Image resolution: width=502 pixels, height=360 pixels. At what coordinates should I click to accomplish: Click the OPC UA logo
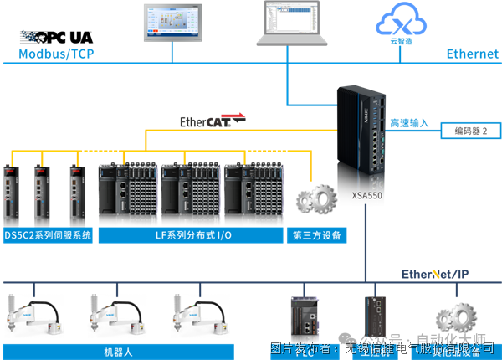tap(58, 38)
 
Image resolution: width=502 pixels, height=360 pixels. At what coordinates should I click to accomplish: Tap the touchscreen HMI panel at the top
tap(173, 23)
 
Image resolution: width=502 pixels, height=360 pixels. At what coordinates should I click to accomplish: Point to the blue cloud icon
tap(402, 18)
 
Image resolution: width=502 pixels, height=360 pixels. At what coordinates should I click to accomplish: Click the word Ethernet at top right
tap(472, 54)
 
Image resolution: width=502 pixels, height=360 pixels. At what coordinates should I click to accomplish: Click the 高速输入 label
tap(408, 123)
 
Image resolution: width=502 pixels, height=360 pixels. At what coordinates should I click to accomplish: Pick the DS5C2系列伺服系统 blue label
tap(48, 235)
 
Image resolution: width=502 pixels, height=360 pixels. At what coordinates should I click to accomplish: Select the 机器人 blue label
tap(116, 351)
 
